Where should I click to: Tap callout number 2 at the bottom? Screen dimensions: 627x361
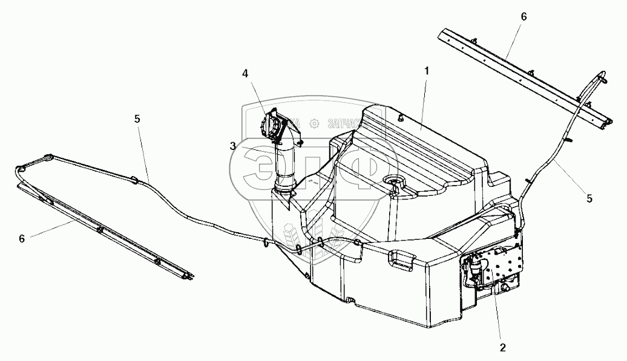pos(502,347)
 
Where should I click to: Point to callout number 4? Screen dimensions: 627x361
pos(245,73)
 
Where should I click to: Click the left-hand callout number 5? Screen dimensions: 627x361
pos(137,119)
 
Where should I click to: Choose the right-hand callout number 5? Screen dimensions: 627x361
pos(589,198)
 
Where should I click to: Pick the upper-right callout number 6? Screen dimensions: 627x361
pos(524,16)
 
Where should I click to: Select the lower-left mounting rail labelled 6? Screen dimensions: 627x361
pos(103,233)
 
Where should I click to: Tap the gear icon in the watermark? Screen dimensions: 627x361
pos(314,124)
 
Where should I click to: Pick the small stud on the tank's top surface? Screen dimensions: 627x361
pos(401,119)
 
